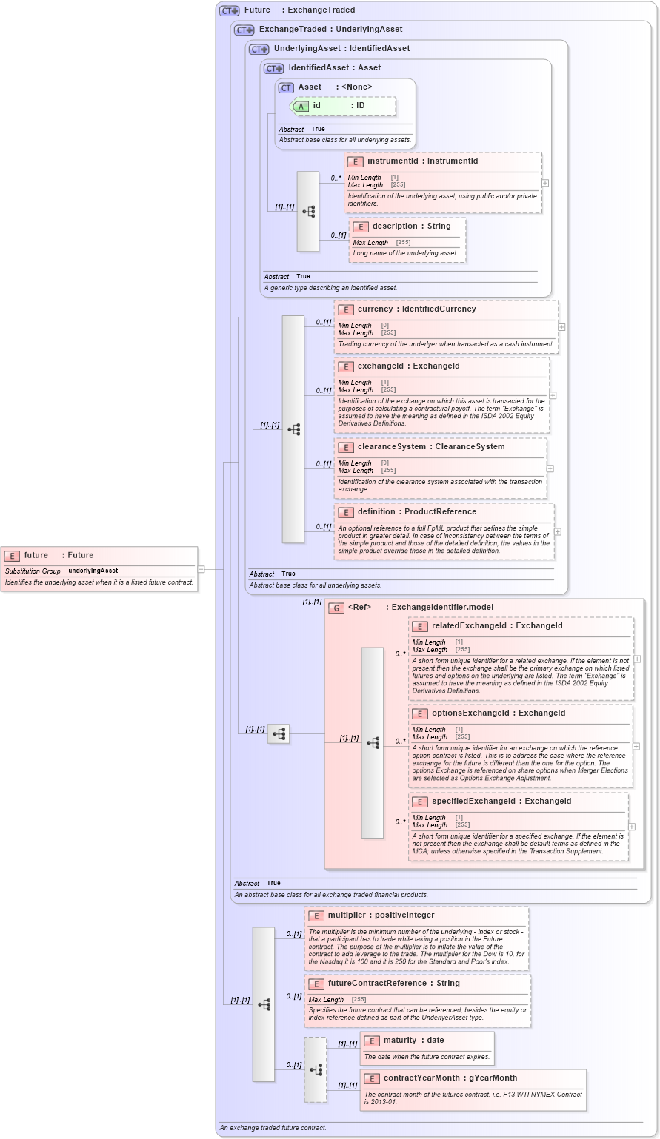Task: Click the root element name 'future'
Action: [x=36, y=555]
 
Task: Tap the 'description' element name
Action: [x=395, y=226]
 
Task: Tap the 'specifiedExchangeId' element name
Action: [x=473, y=801]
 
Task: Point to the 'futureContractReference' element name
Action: [x=376, y=983]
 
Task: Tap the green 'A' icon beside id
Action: [x=301, y=106]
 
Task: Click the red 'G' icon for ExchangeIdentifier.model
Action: [x=336, y=608]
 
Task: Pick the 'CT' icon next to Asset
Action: [x=286, y=87]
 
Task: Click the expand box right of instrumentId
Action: [x=545, y=182]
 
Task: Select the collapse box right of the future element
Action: [x=201, y=569]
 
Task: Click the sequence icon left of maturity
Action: [x=316, y=1069]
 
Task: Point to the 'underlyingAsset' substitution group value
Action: [x=93, y=571]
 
